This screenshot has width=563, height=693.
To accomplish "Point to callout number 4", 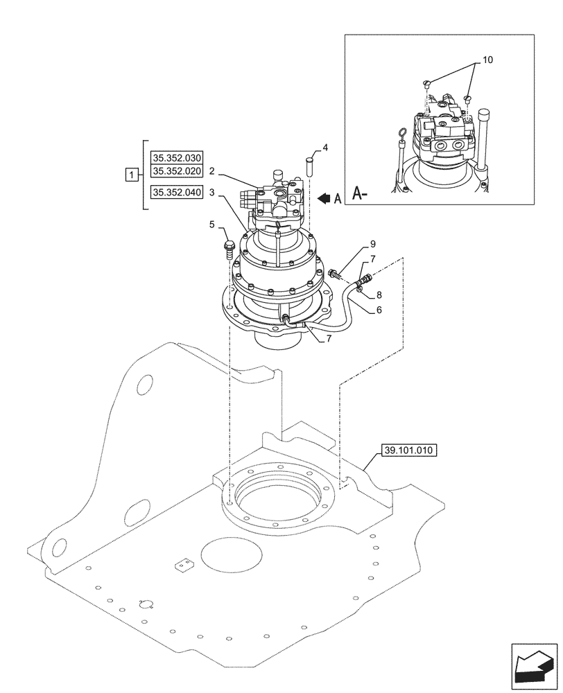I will pos(325,148).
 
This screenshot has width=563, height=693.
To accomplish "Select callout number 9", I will pos(372,244).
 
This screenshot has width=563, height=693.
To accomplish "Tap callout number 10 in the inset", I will pos(487,60).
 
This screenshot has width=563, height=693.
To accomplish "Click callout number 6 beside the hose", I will pos(379,311).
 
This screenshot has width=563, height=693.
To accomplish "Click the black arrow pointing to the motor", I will pos(324,198).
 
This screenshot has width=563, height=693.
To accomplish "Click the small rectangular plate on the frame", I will pos(182,565).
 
